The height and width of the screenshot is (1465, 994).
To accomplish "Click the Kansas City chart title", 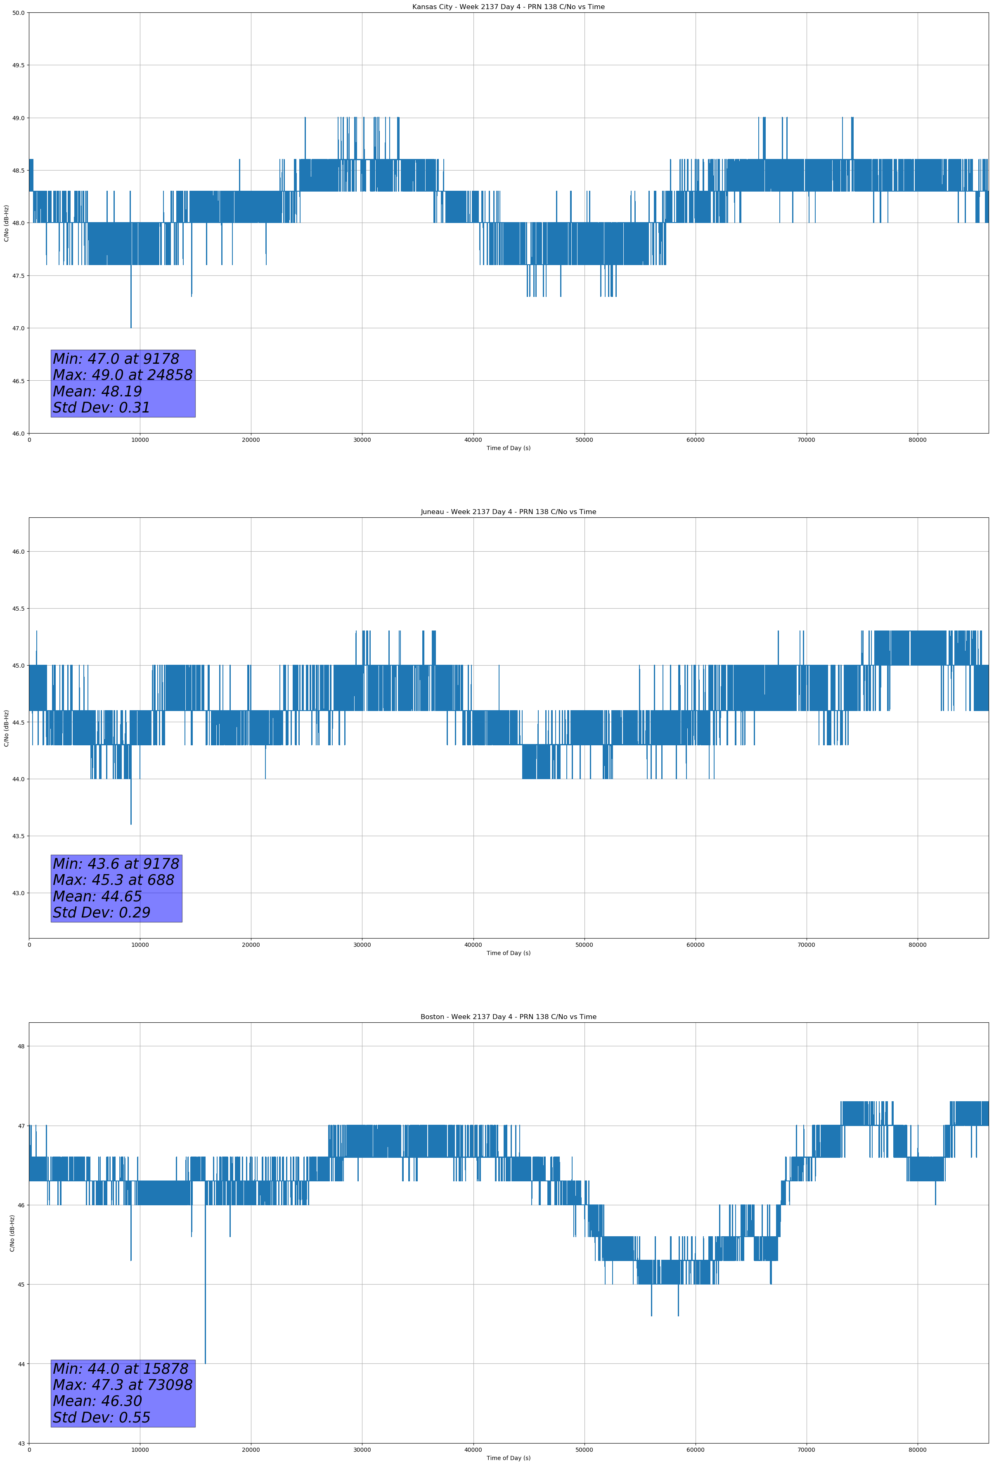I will pos(508,7).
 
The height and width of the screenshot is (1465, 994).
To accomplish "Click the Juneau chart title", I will pos(508,512).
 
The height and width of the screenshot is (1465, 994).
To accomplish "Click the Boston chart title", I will pos(508,1017).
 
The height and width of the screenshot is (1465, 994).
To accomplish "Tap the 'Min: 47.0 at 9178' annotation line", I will pos(116,359).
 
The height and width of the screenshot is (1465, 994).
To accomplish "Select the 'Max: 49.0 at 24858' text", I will pos(122,375).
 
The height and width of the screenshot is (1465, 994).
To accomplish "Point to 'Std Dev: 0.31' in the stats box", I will pos(102,408).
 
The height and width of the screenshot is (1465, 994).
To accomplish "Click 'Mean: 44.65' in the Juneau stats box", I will pos(97,896).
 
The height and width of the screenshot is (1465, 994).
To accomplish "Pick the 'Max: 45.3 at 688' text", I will pos(114,880).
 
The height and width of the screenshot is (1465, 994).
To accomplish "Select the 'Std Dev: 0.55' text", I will pos(102,1418).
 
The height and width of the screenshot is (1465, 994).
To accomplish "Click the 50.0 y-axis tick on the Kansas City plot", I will pos(18,13).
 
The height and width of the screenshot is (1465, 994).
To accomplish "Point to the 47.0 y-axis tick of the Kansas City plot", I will pos(18,328).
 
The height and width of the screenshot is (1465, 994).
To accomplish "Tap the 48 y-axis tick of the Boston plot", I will pos(21,1046).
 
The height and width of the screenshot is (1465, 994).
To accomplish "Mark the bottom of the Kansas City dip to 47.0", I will pos(131,327).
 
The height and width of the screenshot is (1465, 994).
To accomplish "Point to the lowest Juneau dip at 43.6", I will pos(131,824).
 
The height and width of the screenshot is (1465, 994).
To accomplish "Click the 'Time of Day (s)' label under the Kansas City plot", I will pos(508,448).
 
